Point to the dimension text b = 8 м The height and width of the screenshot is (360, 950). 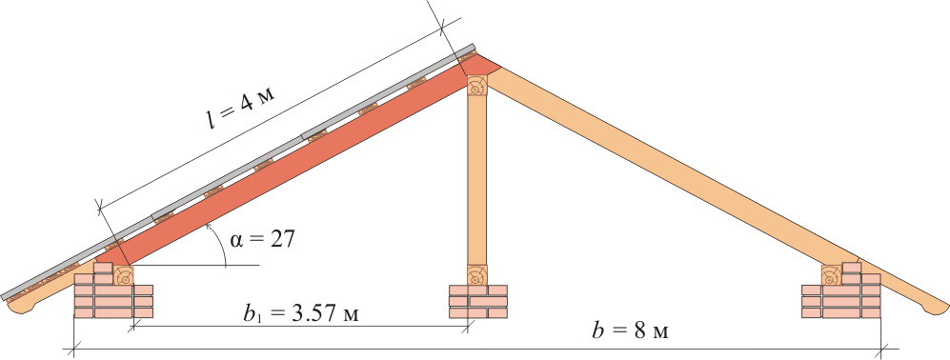[632, 331]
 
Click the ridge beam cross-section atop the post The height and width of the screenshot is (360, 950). [477, 86]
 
